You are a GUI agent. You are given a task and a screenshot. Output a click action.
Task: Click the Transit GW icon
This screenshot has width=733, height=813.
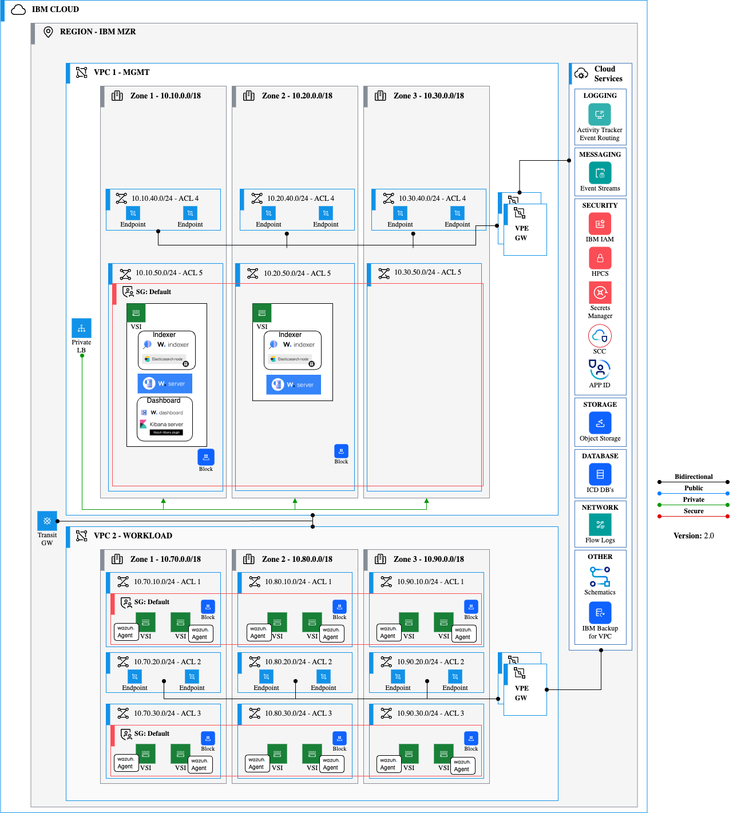click(x=47, y=521)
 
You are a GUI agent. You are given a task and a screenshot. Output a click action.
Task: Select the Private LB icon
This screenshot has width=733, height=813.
click(x=81, y=328)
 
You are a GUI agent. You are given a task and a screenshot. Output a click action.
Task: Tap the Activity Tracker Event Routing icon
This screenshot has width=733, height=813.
click(x=599, y=114)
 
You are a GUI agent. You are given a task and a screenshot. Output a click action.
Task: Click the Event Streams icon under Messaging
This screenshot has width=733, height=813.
click(x=600, y=173)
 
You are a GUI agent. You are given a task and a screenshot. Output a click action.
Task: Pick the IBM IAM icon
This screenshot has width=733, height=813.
click(x=600, y=224)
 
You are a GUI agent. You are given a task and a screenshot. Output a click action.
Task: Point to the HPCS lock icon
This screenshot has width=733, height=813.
click(x=600, y=258)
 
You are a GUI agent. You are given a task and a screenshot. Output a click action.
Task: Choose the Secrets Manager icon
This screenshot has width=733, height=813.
click(x=600, y=292)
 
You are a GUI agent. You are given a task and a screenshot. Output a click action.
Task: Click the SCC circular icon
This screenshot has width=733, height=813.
click(x=600, y=336)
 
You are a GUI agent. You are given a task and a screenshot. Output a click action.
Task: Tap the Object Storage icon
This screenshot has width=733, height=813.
click(x=600, y=423)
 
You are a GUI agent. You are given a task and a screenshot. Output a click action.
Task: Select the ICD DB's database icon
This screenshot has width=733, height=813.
click(x=600, y=474)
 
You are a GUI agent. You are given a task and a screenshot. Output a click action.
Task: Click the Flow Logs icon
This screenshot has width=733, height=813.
click(x=600, y=525)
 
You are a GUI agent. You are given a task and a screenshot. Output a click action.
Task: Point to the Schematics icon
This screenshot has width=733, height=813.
click(x=600, y=576)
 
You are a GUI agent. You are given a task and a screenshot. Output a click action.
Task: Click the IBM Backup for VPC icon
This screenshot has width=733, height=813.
click(x=600, y=613)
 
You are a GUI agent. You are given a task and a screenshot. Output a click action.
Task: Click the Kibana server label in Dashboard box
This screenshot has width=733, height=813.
click(x=166, y=425)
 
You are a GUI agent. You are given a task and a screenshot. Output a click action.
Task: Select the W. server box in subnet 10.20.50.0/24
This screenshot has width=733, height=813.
click(x=294, y=384)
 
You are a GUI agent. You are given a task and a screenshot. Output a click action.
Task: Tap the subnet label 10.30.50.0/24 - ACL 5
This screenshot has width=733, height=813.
click(x=427, y=272)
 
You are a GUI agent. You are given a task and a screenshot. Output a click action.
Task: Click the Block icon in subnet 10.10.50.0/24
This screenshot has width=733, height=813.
click(x=206, y=457)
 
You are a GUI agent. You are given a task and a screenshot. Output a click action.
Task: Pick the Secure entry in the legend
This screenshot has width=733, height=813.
click(x=694, y=511)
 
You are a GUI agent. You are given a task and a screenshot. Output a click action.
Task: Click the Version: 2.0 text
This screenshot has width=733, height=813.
click(x=694, y=536)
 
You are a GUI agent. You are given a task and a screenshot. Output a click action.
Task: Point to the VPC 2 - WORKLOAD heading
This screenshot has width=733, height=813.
click(x=133, y=536)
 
